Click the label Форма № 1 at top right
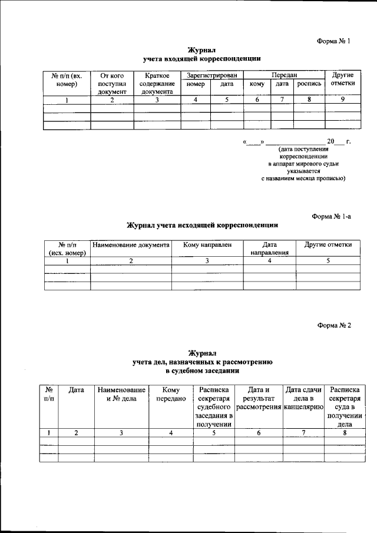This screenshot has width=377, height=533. click(333, 41)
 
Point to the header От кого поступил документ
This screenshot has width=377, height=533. click(112, 84)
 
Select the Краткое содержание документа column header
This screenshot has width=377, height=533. click(157, 84)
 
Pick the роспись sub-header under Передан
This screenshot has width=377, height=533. click(309, 84)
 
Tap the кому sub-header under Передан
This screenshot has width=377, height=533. click(257, 84)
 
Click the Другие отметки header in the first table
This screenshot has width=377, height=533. click(342, 80)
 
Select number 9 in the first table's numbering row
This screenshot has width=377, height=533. click(342, 99)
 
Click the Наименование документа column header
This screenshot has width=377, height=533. click(131, 244)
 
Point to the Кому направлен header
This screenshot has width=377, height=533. click(207, 244)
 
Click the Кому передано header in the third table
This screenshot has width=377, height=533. click(171, 394)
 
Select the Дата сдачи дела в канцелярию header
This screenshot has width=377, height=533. click(303, 398)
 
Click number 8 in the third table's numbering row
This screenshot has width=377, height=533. click(345, 433)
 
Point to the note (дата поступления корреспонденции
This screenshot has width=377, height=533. click(303, 154)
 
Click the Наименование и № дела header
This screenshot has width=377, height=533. click(121, 394)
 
